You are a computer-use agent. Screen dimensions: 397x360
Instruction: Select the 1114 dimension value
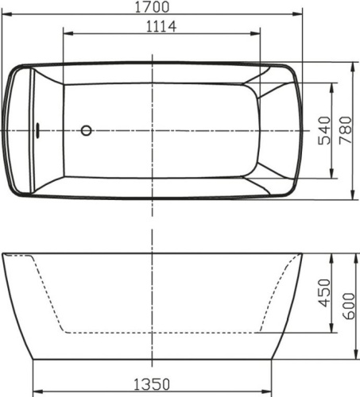pos(161,26)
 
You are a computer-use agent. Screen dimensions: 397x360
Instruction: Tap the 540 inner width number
pos(323,129)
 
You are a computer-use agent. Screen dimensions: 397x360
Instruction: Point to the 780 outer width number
pos(345,129)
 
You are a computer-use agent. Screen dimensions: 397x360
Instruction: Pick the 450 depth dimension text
pos(323,293)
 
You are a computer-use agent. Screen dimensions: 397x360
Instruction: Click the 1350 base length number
pos(152,384)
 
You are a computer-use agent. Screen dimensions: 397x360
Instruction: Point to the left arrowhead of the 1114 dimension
pos(66,34)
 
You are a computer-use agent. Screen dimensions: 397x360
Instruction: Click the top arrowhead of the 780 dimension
pos(353,64)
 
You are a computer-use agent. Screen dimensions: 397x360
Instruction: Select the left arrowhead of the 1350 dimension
pos(36,392)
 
